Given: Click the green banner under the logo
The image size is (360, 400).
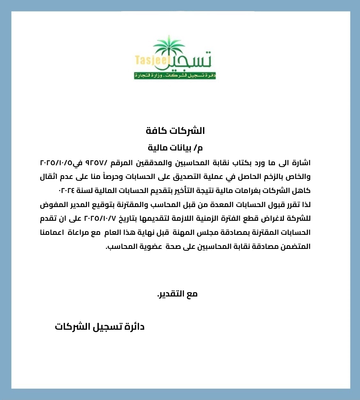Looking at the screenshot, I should click(175, 76).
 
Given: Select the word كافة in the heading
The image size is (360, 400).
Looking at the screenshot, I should click(157, 131).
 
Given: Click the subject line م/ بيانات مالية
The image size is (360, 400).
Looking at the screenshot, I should click(176, 148).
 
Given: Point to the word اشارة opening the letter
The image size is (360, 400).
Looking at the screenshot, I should click(300, 163).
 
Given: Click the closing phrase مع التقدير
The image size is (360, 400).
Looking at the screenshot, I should click(177, 294).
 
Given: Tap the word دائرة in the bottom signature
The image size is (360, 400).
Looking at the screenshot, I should click(135, 327).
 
